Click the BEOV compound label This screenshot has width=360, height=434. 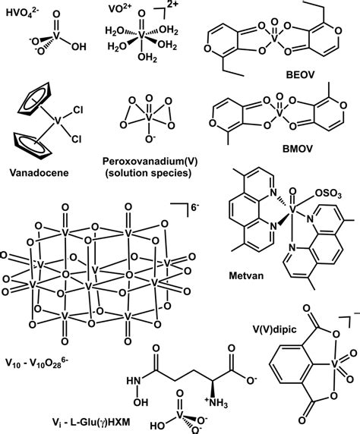click(x=300, y=74)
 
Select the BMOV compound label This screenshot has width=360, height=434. click(x=298, y=149)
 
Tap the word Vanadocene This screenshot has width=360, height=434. click(x=39, y=173)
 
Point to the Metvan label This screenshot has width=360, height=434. click(x=246, y=275)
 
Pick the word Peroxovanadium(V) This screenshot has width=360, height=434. click(x=150, y=161)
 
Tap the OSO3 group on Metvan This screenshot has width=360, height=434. click(x=328, y=194)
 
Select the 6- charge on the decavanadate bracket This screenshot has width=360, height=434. click(x=195, y=207)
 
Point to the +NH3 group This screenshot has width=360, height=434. click(x=216, y=402)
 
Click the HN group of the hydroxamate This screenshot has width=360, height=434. click(x=134, y=381)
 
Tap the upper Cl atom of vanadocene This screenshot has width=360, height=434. click(x=78, y=110)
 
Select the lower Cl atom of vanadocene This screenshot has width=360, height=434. click(x=77, y=139)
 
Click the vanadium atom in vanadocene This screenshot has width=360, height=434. click(x=57, y=121)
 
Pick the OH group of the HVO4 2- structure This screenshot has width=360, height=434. click(x=79, y=47)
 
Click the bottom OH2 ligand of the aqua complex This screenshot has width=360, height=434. click(x=147, y=58)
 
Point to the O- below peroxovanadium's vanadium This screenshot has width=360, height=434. click(x=150, y=139)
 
